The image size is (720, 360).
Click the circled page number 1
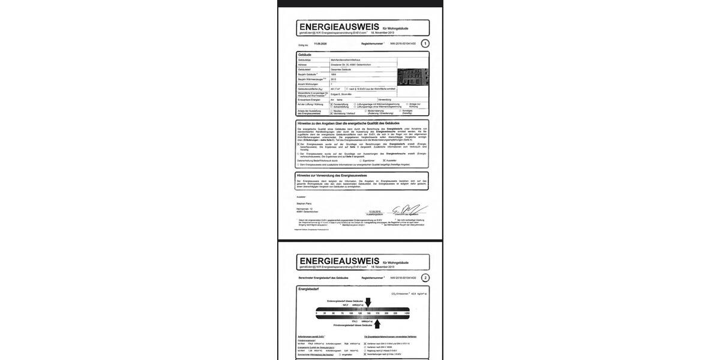tap(425, 43)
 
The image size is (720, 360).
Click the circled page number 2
tap(425, 278)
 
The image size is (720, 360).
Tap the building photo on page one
tap(412, 77)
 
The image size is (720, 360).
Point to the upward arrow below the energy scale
tap(377, 323)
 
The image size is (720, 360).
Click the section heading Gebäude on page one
tap(305, 55)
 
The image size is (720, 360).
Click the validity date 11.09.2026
tap(320, 44)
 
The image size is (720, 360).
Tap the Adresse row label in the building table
tap(302, 65)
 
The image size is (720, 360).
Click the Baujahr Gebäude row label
tap(307, 74)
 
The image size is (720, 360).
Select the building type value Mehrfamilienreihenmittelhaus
tap(346, 60)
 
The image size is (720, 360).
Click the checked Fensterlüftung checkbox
tap(331, 104)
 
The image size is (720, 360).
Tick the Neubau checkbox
tap(331, 110)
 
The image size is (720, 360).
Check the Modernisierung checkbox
tap(366, 110)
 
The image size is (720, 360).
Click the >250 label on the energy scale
tap(407, 313)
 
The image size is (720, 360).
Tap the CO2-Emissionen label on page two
tap(400, 294)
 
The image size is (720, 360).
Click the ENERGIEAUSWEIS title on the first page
tap(339, 26)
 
